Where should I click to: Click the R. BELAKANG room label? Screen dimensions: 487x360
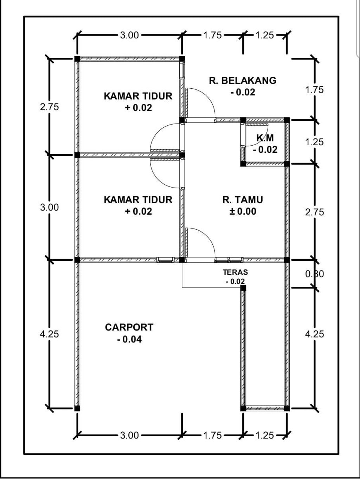click(x=243, y=81)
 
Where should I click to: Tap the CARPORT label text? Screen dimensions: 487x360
click(x=129, y=327)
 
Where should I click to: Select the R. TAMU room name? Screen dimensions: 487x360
click(x=243, y=200)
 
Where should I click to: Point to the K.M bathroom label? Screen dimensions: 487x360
click(x=265, y=138)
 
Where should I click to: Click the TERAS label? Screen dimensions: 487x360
click(x=235, y=272)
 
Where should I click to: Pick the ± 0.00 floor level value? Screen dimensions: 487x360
click(x=243, y=211)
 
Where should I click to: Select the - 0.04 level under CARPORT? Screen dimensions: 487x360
click(x=129, y=339)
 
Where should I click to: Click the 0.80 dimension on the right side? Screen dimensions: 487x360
click(x=314, y=274)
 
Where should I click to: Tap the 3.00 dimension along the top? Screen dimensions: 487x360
click(x=129, y=35)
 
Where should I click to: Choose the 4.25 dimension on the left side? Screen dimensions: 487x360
click(x=49, y=334)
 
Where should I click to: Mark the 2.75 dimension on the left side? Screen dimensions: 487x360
click(x=49, y=107)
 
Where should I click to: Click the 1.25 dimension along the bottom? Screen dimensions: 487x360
click(x=264, y=435)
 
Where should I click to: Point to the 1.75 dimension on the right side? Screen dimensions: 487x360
click(x=314, y=90)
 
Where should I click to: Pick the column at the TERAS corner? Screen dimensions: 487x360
click(x=243, y=288)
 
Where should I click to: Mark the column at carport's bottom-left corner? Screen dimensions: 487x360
click(x=77, y=409)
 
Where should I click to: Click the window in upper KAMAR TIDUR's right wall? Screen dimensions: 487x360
click(x=182, y=71)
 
